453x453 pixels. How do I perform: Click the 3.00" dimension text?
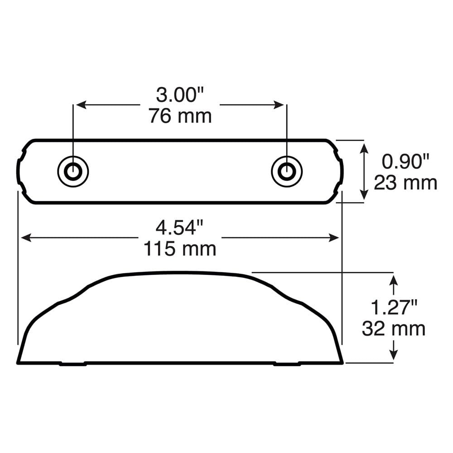tap(180, 96)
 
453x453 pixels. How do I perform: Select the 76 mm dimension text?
tap(180, 116)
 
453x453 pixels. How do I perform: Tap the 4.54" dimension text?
tap(180, 228)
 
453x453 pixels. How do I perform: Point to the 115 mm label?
tap(180, 249)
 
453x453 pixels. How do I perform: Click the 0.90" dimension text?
tap(405, 162)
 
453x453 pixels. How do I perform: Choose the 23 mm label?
tap(405, 183)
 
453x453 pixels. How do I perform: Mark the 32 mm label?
tap(394, 328)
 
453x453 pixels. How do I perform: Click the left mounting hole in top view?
tap(73, 171)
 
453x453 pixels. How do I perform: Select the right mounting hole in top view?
tap(286, 171)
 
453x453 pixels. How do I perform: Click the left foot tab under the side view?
tap(73, 364)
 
